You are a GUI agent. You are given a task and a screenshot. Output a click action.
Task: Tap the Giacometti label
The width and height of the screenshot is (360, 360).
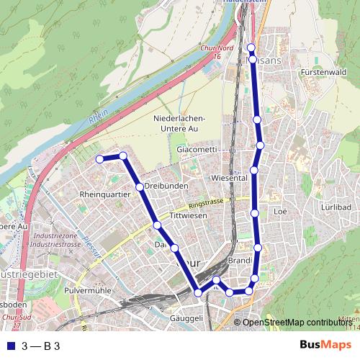(x=197, y=149)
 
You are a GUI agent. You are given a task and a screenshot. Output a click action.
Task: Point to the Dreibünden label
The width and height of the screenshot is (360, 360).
(x=166, y=186)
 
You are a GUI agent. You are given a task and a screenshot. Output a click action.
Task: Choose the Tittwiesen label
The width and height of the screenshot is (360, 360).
(x=189, y=216)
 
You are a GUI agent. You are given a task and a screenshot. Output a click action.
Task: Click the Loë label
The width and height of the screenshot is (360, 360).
(x=281, y=212)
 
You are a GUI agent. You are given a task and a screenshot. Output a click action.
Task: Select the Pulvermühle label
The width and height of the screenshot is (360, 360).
(x=88, y=289)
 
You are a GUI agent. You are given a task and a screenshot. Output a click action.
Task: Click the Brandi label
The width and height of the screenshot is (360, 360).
(x=238, y=260)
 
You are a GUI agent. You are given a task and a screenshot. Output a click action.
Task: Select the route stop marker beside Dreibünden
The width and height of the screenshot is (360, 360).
(x=140, y=186)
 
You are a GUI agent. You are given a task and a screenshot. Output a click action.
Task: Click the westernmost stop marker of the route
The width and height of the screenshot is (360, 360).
(x=99, y=159)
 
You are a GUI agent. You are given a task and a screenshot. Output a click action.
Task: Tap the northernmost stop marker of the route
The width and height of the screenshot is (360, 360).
(x=251, y=48)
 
